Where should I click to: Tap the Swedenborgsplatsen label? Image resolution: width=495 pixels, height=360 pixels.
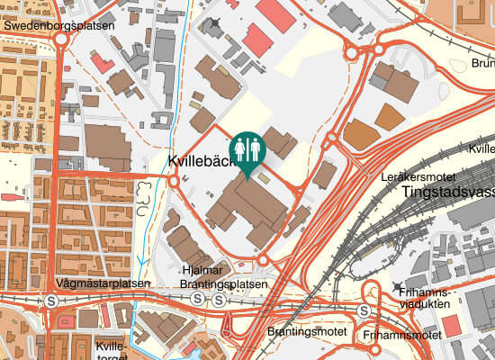tap(58, 26)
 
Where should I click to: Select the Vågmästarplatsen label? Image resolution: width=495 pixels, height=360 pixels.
tap(102, 283)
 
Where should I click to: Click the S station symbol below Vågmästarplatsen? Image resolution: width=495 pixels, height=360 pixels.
tap(53, 301)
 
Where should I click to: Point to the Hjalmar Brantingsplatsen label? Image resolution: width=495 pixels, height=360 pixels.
tap(224, 277)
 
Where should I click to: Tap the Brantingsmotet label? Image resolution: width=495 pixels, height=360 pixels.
tap(308, 331)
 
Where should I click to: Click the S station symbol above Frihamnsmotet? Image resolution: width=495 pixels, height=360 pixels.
tap(364, 310)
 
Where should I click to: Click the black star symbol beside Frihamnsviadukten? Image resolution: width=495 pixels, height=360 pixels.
tap(397, 287)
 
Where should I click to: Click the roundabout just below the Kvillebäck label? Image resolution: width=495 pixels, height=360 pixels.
tap(173, 181)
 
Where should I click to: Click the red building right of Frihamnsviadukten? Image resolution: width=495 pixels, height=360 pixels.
tap(451, 326)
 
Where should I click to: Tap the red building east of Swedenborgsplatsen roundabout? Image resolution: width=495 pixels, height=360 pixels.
tap(103, 64)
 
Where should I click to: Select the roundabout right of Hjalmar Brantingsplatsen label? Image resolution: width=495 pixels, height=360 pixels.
tap(263, 261)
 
